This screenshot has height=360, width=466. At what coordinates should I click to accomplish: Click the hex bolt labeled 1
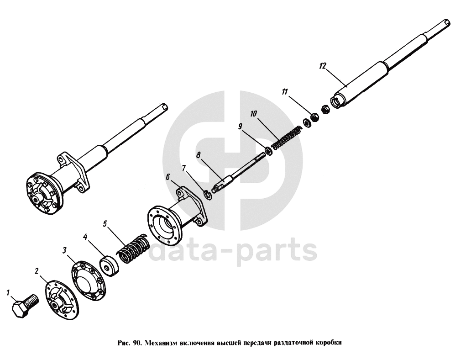pyautogui.click(x=25, y=305)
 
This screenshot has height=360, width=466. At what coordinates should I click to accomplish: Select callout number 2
pyautogui.click(x=37, y=271)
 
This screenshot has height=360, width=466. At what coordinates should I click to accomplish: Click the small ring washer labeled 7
pyautogui.click(x=207, y=195)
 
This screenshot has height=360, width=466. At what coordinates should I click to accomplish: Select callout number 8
pyautogui.click(x=198, y=155)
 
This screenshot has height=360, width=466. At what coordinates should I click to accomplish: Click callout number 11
pyautogui.click(x=284, y=92)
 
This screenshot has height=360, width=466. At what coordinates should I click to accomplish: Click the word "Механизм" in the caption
pyautogui.click(x=162, y=342)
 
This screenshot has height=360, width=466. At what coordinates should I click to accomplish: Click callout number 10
pyautogui.click(x=253, y=113)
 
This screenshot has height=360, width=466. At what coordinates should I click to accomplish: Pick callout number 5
pyautogui.click(x=105, y=224)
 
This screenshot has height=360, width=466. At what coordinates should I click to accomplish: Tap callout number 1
pyautogui.click(x=8, y=291)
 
